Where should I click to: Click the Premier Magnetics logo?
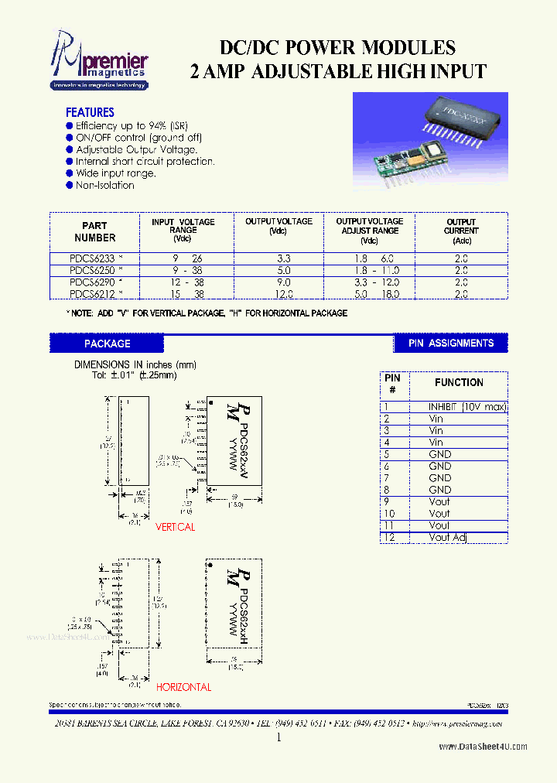pos(98,60)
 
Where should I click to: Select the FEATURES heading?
pos(90,112)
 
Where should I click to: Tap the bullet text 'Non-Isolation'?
pos(104,186)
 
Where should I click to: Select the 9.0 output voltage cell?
pos(282,282)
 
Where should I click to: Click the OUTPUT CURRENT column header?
pos(461,231)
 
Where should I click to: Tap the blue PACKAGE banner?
pos(107,343)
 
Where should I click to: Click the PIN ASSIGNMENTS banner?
pos(450,343)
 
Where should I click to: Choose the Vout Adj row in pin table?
pos(449,537)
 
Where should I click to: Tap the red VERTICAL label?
pos(176,527)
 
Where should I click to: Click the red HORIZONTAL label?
pos(183,687)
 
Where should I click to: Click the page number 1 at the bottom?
pos(278,738)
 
